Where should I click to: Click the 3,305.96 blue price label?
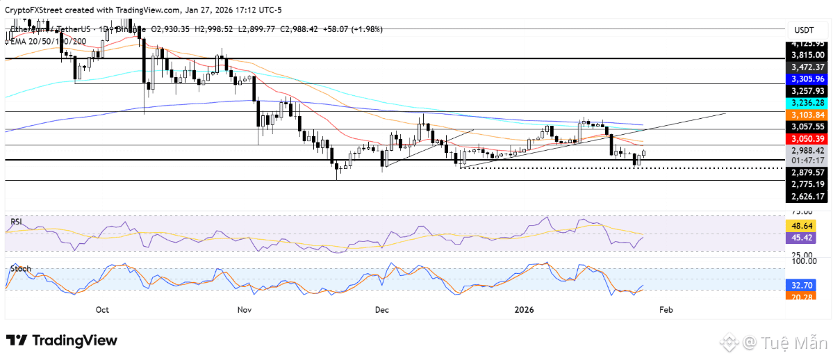click(x=808, y=79)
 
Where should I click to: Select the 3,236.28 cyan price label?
click(x=808, y=102)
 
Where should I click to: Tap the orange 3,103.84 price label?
click(x=808, y=115)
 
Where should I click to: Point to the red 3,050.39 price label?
click(x=808, y=138)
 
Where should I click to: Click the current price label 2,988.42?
click(x=808, y=150)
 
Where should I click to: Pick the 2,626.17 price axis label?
click(x=808, y=197)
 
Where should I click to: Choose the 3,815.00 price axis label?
click(x=808, y=55)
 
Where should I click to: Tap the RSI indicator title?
click(x=17, y=222)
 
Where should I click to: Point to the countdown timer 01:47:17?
click(x=808, y=161)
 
